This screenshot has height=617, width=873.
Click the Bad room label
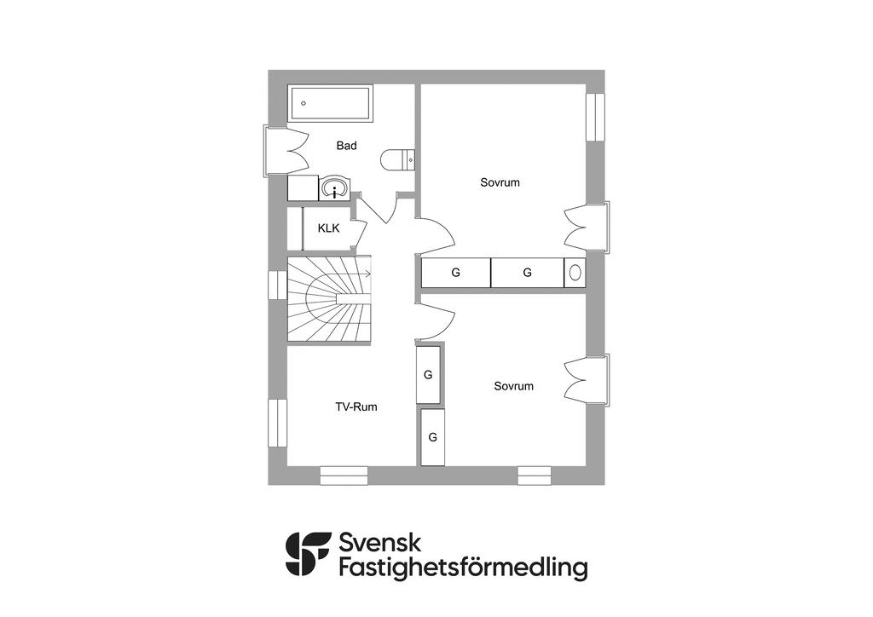tap(346, 146)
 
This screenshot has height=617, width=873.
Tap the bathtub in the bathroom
tap(329, 103)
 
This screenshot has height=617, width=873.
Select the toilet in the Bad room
tap(397, 159)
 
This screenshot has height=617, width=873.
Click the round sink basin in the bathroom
tap(334, 188)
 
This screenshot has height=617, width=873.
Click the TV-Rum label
tap(356, 407)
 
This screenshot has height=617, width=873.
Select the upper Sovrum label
tap(500, 182)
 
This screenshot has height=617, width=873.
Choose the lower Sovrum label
tap(513, 386)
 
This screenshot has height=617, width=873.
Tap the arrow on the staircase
tap(367, 274)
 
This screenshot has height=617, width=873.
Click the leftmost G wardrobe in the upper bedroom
tap(456, 273)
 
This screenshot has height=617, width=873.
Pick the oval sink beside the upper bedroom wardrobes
tap(575, 273)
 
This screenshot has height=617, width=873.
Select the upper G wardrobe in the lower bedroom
tap(428, 375)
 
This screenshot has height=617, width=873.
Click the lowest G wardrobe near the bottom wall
tap(433, 437)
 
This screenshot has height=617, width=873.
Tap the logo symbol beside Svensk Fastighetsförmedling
tap(308, 555)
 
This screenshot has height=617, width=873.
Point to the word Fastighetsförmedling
tap(463, 568)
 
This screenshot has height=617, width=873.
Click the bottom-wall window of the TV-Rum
tap(344, 476)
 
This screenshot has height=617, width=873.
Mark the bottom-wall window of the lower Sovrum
tap(535, 476)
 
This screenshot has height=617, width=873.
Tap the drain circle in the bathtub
tap(304, 103)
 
